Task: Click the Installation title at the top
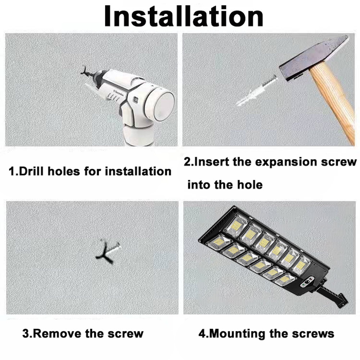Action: [x=184, y=16]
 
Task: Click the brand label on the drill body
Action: [x=117, y=92]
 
